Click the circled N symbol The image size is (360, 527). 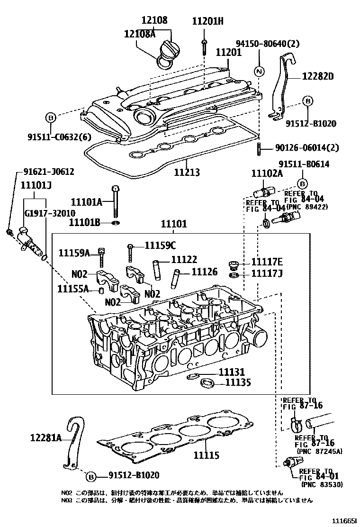[259, 72]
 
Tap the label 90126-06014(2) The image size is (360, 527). [307, 148]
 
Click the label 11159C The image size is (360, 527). [160, 245]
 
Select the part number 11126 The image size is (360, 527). [204, 272]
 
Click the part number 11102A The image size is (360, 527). [266, 173]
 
